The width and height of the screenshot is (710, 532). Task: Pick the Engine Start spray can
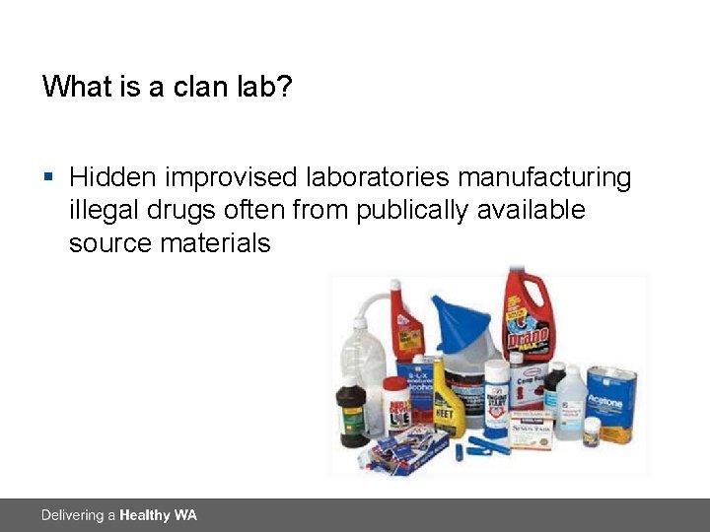[x=497, y=398]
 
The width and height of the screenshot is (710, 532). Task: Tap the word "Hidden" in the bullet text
[x=112, y=178]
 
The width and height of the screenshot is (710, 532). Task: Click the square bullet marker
[x=48, y=178]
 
